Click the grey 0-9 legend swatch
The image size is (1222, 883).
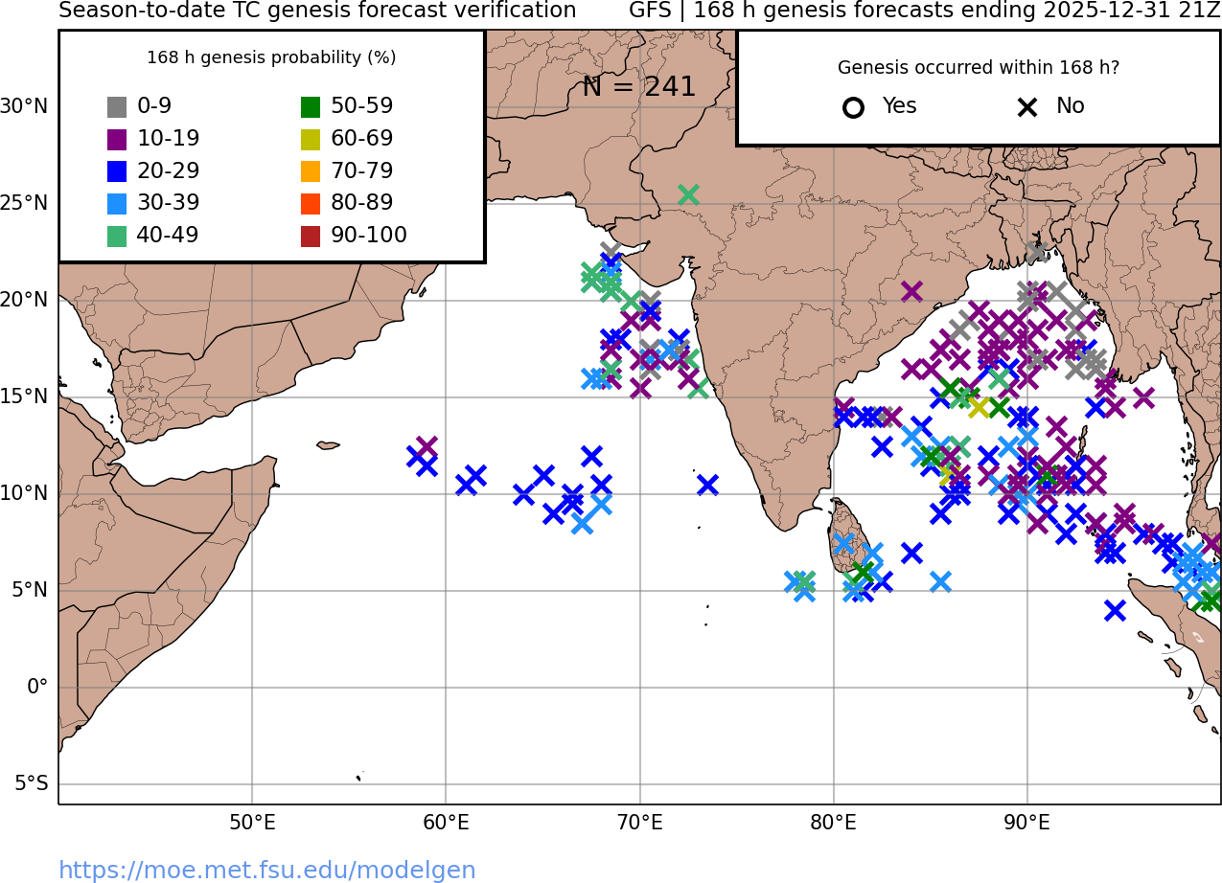click(117, 107)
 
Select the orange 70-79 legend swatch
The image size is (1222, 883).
click(311, 171)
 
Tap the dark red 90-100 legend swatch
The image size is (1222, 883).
click(311, 236)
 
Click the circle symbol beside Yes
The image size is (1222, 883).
click(853, 107)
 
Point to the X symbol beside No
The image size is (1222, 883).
click(1027, 107)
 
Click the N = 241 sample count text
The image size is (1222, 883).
click(638, 87)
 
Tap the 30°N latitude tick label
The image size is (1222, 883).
click(24, 106)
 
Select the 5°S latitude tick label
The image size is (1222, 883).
click(31, 784)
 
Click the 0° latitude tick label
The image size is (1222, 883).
click(37, 687)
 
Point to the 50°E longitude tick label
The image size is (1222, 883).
click(252, 823)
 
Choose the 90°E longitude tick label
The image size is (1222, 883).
click(1026, 823)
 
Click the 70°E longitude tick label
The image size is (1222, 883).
click(639, 823)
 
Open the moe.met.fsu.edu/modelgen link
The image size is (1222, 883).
click(267, 870)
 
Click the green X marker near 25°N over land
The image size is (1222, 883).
click(688, 195)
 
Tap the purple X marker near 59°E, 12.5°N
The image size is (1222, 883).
click(427, 446)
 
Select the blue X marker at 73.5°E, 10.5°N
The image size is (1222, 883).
click(707, 485)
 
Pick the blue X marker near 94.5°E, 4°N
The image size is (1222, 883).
click(1114, 610)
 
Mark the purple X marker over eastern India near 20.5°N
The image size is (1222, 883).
click(911, 291)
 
